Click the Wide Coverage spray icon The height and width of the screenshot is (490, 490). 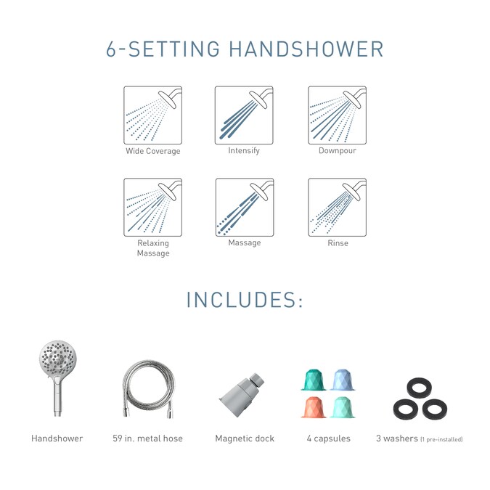[153, 115]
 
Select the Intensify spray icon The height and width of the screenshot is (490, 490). [244, 115]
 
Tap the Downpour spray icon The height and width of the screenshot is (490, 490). [337, 115]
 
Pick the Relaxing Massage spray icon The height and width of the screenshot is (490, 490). [153, 207]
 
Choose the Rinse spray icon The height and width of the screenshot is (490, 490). [337, 207]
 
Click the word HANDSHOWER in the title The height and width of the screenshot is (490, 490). [306, 49]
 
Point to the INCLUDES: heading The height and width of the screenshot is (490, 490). [245, 300]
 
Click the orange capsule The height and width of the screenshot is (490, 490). [314, 407]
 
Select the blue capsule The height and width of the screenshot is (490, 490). [343, 380]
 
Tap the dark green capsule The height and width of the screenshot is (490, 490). [314, 380]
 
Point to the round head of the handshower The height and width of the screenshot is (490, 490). [58, 359]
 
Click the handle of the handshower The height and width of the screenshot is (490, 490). [57, 397]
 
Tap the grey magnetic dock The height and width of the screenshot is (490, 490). [241, 393]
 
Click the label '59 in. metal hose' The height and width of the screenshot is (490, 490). [148, 438]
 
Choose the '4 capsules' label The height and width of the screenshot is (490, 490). [328, 438]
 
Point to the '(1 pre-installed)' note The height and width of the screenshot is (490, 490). [441, 439]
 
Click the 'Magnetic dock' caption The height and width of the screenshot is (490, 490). [245, 438]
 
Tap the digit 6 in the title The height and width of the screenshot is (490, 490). [111, 49]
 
